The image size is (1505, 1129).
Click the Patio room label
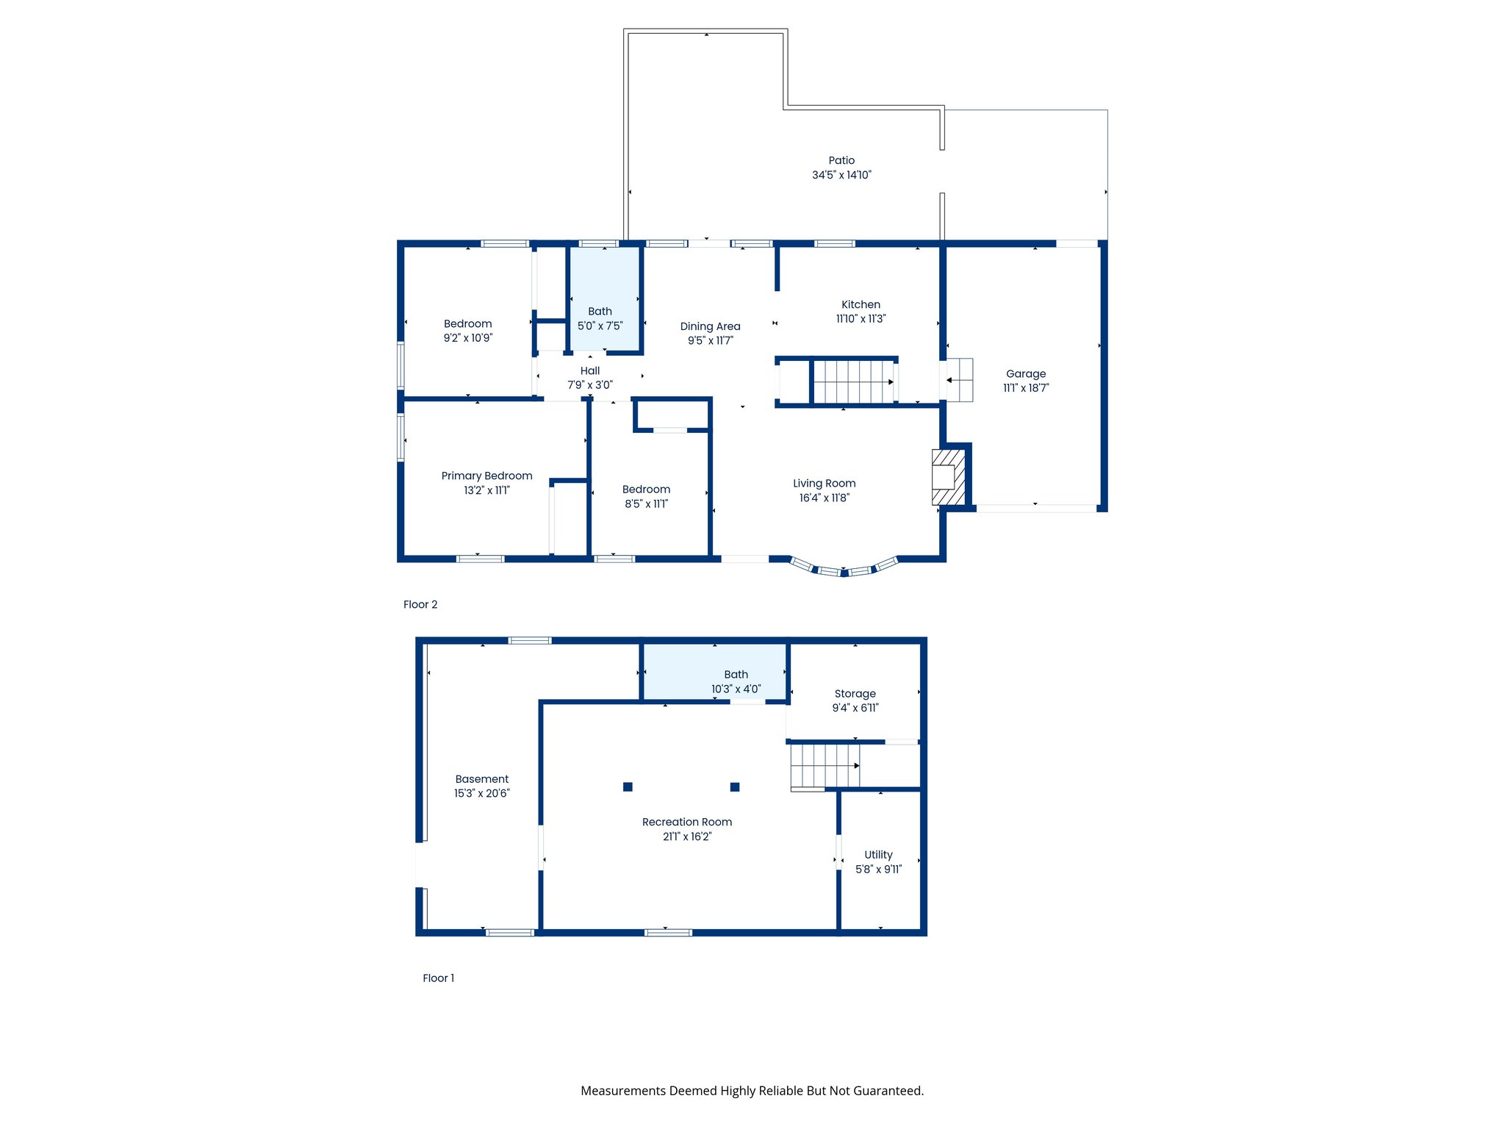point(841,160)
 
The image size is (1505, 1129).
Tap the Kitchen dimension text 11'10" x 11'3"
point(861,319)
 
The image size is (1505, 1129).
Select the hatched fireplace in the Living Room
point(947,478)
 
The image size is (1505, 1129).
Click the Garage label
point(1026,373)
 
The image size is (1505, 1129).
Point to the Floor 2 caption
point(420,604)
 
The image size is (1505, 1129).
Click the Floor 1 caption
point(438,978)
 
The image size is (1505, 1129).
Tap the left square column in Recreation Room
point(628,786)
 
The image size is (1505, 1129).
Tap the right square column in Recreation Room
point(735,786)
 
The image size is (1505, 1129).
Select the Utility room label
point(878,854)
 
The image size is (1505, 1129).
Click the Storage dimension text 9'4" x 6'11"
point(855,708)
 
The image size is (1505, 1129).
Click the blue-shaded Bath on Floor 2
point(605,298)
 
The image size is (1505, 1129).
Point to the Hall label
point(590,370)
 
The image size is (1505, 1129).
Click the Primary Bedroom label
point(486,476)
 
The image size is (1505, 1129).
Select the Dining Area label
point(710,326)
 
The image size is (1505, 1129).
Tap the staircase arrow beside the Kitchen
point(890,381)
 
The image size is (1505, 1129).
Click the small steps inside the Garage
point(959,380)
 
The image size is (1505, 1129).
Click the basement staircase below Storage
point(825,765)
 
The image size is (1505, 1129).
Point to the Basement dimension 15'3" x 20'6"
point(481,793)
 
